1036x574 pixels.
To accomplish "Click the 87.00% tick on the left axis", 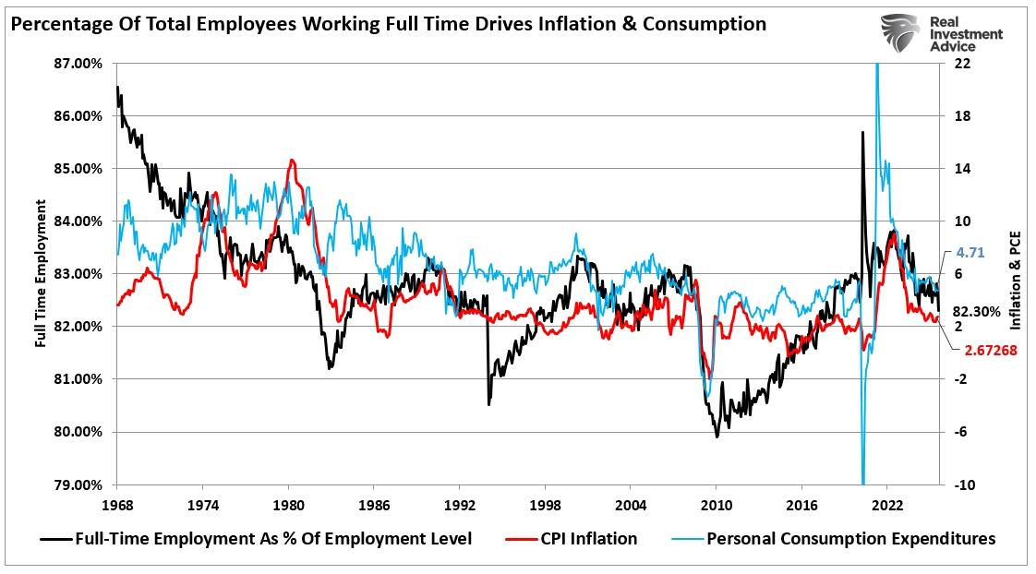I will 80,64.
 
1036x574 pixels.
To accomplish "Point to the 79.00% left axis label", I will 80,484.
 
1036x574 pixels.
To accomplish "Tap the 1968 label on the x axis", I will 117,505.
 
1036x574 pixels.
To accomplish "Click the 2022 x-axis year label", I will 886,505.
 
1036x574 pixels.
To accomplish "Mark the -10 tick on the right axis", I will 962,484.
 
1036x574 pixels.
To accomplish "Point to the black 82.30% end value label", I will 977,312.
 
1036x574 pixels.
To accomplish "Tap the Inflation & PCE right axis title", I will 1016,274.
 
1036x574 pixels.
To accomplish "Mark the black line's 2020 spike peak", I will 862,132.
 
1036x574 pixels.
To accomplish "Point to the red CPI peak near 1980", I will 292,161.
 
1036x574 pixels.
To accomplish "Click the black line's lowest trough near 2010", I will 717,436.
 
